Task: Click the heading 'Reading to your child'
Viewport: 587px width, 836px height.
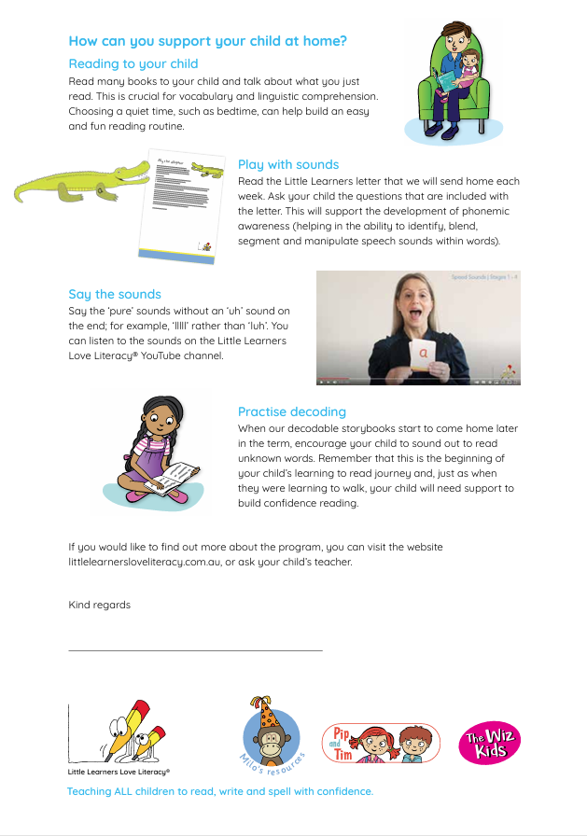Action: click(x=133, y=64)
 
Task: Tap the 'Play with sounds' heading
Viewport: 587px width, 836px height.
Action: click(x=288, y=164)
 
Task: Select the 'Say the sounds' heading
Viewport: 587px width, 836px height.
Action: click(x=115, y=294)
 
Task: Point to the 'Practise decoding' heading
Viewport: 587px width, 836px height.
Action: click(x=292, y=411)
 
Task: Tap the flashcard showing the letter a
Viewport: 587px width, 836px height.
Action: click(x=422, y=355)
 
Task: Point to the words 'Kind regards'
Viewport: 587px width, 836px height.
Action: click(x=100, y=606)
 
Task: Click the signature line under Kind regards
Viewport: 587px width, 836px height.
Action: click(x=195, y=649)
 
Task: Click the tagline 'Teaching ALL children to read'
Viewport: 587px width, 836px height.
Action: click(x=219, y=791)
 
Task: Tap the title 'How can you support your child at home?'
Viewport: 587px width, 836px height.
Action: click(x=208, y=41)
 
